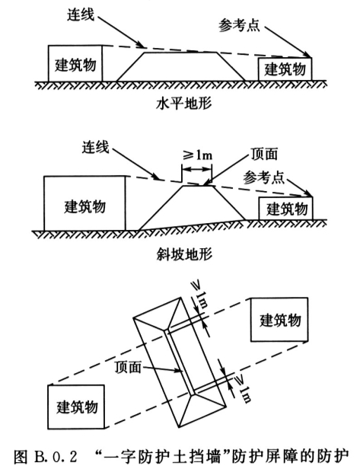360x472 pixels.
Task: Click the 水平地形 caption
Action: coord(184,104)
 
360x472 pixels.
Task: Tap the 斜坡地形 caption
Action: coord(184,254)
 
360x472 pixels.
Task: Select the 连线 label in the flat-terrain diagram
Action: coord(81,14)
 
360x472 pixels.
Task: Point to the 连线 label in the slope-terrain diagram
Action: coord(95,147)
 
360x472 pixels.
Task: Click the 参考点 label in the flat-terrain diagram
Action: coord(239,25)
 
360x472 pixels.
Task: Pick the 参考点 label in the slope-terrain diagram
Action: coord(264,177)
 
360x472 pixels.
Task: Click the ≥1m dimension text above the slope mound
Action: coord(197,155)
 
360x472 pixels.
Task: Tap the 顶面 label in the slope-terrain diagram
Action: coord(264,154)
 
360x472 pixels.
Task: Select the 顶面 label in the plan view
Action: coord(128,367)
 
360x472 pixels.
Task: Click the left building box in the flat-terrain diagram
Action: coord(75,63)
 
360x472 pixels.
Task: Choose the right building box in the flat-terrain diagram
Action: coord(285,69)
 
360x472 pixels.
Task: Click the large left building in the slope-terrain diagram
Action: coord(84,203)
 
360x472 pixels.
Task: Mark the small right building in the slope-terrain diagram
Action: coord(285,209)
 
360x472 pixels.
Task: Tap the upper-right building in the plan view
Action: coord(279,320)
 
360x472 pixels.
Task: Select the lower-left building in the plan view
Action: coord(76,407)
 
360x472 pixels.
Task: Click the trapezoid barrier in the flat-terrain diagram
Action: coord(181,66)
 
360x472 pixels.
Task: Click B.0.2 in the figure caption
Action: coord(56,457)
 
